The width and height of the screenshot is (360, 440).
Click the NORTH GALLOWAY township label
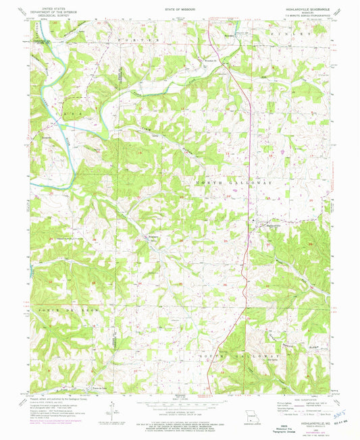(x=234, y=183)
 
